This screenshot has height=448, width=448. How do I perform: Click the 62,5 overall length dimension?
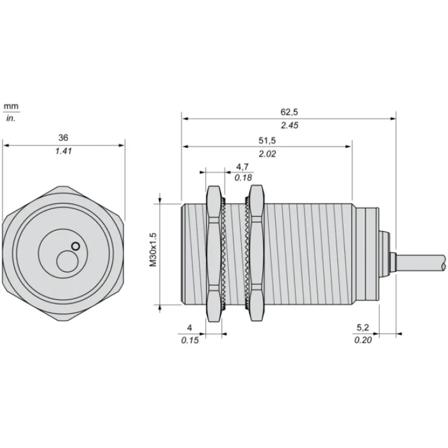point(289,112)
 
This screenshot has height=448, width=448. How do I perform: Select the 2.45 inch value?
point(289,125)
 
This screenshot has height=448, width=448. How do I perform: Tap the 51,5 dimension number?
point(267,140)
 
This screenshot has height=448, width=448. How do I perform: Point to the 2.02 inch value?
point(268,154)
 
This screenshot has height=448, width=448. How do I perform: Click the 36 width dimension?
point(63,138)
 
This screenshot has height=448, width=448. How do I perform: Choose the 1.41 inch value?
point(63,151)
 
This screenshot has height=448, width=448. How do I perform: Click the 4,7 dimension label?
point(243,166)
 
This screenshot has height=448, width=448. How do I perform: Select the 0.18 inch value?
point(243,178)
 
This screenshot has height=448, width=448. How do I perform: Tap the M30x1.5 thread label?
point(154,250)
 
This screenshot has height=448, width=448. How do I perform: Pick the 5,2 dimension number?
point(363,328)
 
